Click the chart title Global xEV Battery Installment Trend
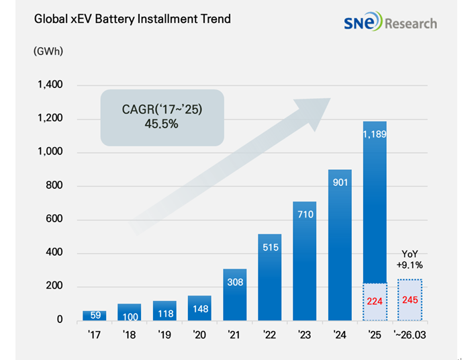tap(132, 19)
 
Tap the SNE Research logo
tap(390, 21)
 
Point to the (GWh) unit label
tap(48, 51)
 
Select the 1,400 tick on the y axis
tap(50, 85)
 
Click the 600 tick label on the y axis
tap(54, 218)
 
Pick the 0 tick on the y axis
tap(60, 319)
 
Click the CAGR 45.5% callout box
tap(162, 118)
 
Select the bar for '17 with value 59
tap(95, 316)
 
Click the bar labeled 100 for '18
tap(130, 312)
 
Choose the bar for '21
tap(235, 294)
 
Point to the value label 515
tap(271, 247)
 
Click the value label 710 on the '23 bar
tap(305, 214)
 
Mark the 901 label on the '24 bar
tap(340, 183)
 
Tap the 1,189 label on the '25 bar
tap(375, 134)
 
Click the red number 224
tap(375, 301)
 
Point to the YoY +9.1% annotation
tap(410, 259)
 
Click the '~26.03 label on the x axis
tap(410, 334)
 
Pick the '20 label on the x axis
tap(199, 334)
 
